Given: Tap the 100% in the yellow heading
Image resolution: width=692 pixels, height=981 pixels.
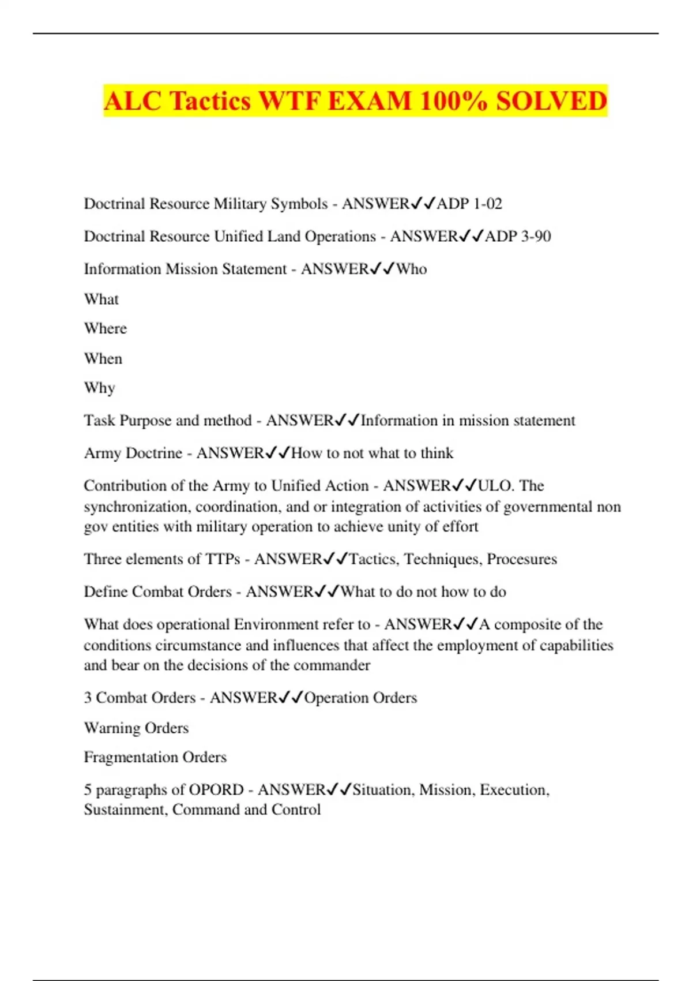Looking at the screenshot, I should point(453,102).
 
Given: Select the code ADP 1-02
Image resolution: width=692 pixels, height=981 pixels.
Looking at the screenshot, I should point(469,204).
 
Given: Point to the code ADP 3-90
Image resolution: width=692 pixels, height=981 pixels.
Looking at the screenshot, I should point(518,237).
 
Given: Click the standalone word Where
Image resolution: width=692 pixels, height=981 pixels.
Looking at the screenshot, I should point(106,328).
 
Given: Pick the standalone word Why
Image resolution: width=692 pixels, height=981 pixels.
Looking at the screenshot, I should point(100,388).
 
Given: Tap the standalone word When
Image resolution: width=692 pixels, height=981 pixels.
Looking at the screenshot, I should point(103,358).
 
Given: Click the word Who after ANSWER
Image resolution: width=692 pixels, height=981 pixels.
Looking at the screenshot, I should point(411,269).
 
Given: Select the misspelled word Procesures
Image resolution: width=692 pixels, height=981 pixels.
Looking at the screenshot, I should point(522,559).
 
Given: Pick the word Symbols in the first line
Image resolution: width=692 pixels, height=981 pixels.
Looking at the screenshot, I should point(299,204).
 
